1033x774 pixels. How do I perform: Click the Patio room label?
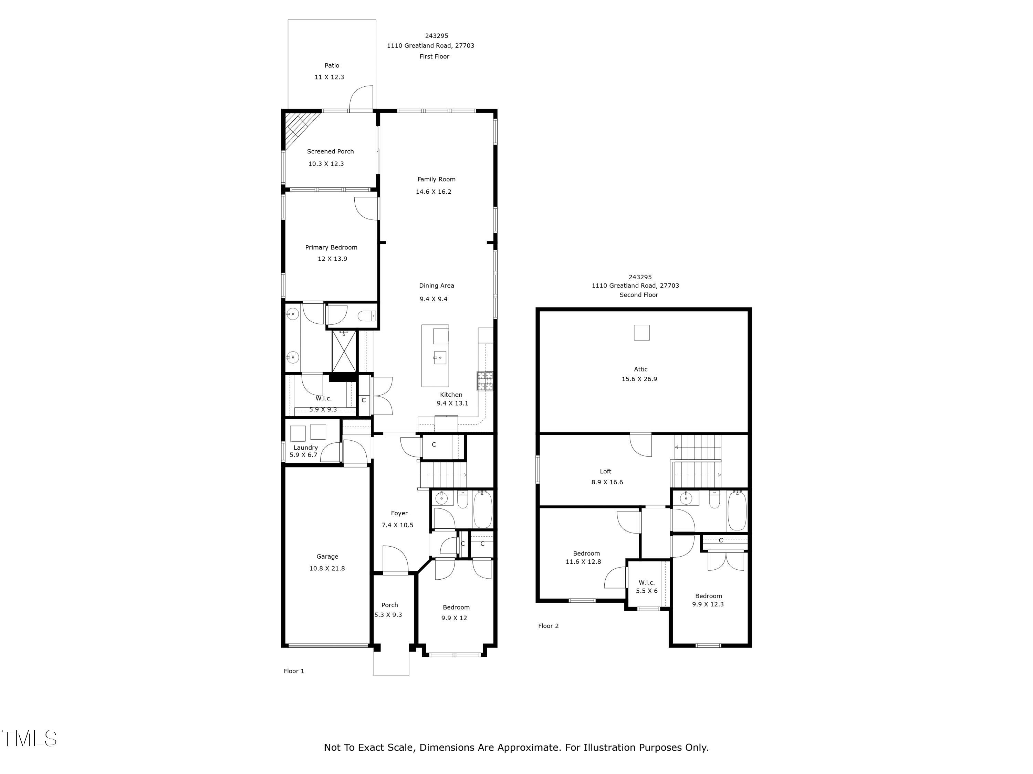(332, 66)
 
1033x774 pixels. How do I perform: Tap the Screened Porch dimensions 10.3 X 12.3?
(326, 164)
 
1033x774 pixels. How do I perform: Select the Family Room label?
(436, 179)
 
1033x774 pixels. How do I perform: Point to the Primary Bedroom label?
(331, 247)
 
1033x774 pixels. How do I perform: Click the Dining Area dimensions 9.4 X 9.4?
(434, 299)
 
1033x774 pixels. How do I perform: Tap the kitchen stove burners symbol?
(485, 381)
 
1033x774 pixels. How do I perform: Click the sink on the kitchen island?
(439, 357)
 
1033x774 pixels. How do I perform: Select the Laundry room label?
(305, 448)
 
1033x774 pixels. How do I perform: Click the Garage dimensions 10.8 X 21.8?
(327, 568)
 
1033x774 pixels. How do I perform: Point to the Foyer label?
(399, 513)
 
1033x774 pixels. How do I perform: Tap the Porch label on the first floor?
(389, 605)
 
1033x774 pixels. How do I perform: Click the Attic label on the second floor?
(640, 369)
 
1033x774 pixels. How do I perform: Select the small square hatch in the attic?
(641, 333)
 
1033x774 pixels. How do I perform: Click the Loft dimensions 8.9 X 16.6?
(607, 482)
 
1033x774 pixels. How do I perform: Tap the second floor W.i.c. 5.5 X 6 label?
(647, 587)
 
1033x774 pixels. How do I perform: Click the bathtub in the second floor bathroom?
(737, 510)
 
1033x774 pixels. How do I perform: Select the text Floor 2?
(548, 626)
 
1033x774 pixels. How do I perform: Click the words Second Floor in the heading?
(638, 295)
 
